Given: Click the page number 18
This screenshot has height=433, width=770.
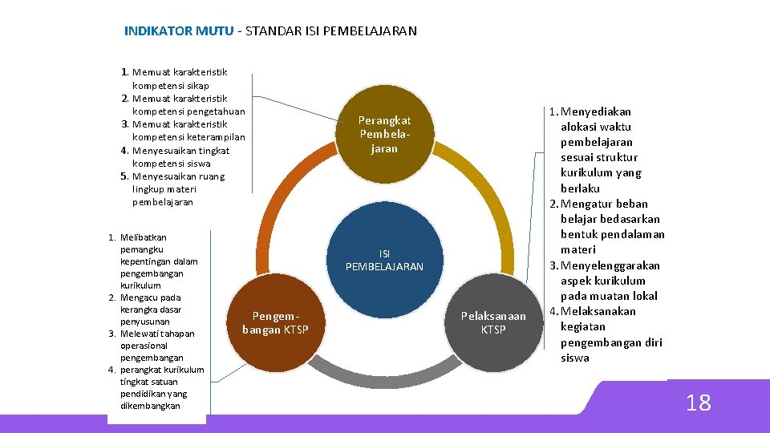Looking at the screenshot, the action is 698,403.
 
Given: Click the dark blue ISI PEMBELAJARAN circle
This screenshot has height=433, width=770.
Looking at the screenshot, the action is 384,260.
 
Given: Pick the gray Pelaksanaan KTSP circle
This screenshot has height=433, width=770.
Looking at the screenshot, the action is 493,322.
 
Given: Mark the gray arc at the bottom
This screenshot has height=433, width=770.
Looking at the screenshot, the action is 385,368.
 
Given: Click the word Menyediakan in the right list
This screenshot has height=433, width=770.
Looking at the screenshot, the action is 596,111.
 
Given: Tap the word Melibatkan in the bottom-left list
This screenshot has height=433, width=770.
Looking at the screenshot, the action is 143,237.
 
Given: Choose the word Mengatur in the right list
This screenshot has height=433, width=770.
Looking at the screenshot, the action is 593,204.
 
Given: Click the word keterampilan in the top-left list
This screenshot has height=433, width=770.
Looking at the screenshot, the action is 215,137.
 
